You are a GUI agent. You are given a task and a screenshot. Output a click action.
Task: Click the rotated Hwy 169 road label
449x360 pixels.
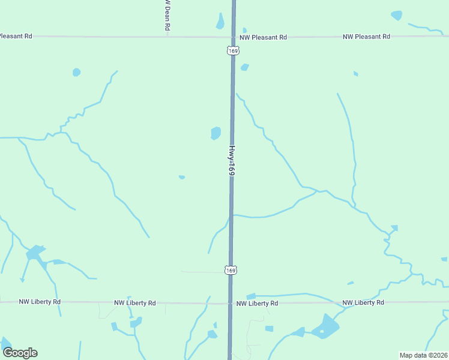coord(231,160)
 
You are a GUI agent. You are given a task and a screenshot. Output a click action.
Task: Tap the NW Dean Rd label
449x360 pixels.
coord(167,14)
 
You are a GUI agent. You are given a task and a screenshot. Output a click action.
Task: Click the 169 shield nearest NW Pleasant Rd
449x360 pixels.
coord(234,51)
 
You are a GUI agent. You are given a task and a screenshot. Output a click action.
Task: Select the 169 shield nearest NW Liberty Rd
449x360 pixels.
coord(231,271)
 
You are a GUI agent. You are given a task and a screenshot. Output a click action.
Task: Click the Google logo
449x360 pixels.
coord(20,353)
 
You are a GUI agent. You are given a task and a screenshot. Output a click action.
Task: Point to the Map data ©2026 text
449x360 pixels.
coord(423,355)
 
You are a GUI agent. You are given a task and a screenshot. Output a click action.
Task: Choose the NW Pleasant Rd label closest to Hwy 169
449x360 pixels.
coord(263,37)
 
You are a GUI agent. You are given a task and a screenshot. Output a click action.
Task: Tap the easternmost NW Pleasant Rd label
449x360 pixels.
coord(366,37)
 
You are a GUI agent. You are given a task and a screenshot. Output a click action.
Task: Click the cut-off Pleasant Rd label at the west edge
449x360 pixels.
coord(16,36)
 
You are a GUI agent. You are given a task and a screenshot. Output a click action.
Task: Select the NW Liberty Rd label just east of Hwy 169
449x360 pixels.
coord(257,304)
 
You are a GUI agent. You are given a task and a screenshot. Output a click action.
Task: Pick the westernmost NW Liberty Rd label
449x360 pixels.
coord(40,302)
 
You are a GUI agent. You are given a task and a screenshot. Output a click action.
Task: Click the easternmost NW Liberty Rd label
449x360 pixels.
coord(363,302)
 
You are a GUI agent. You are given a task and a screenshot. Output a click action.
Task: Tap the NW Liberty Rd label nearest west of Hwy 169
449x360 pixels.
coord(135,303)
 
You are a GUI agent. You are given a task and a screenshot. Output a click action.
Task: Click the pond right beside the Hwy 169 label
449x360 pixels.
coord(215,133)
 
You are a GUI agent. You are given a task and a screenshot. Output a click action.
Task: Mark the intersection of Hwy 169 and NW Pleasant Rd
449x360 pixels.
coord(234,37)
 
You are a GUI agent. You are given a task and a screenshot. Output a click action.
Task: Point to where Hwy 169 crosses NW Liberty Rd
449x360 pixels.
coord(231,303)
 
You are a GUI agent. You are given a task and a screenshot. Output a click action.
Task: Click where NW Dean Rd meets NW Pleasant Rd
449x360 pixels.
coord(167,37)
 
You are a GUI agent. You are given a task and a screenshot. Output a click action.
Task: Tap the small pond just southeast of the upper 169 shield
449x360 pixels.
coord(244,67)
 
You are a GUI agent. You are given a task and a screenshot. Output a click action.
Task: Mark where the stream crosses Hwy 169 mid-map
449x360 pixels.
coord(231,215)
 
